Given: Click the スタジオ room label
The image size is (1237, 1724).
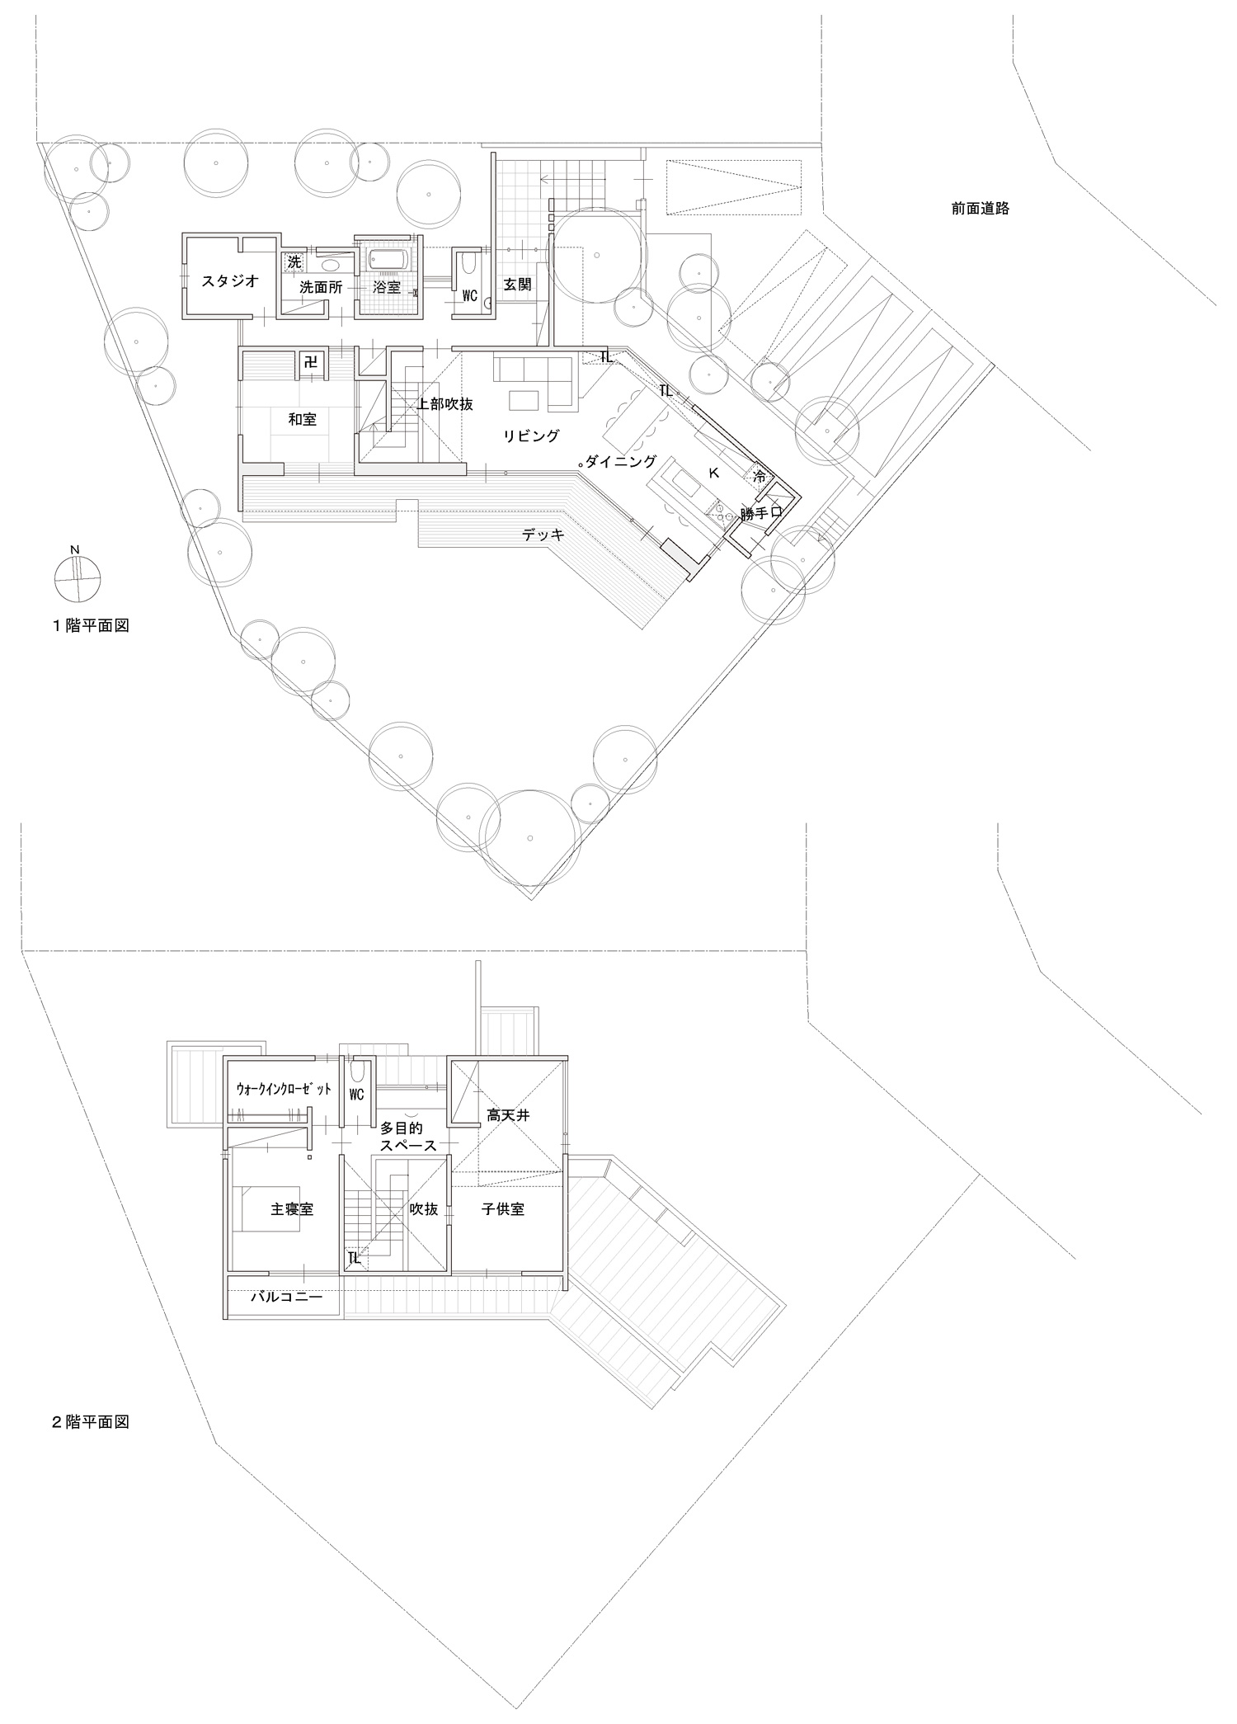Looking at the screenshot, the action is [x=230, y=281].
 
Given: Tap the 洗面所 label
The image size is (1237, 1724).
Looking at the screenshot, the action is [x=321, y=287].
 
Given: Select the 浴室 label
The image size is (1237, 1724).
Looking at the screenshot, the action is [x=386, y=287].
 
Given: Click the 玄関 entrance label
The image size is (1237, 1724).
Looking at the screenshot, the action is [x=518, y=285].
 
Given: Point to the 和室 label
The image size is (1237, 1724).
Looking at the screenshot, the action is [x=302, y=420].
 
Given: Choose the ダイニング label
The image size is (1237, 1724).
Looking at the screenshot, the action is [x=621, y=462].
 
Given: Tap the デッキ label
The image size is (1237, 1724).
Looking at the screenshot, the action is [x=543, y=535].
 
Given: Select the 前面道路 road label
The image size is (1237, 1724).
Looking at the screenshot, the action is [x=980, y=209].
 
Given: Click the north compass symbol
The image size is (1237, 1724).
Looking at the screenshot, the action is [x=76, y=578].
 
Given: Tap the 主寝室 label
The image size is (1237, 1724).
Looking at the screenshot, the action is [x=292, y=1210].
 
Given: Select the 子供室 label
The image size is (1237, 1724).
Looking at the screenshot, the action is [x=503, y=1210].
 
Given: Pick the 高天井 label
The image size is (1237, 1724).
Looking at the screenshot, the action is [x=507, y=1115].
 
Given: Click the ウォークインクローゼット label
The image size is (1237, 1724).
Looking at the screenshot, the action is [x=284, y=1089].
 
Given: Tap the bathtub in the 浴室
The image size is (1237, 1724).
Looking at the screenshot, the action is [x=387, y=260].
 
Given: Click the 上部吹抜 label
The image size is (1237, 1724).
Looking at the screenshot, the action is [x=445, y=404].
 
